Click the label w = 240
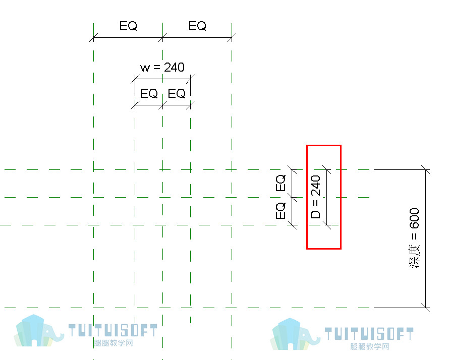pyautogui.click(x=162, y=68)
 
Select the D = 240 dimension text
pyautogui.click(x=315, y=197)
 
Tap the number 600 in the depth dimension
pyautogui.click(x=414, y=218)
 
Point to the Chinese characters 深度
pyautogui.click(x=414, y=256)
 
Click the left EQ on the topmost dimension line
pyautogui.click(x=128, y=26)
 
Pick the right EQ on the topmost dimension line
pyautogui.click(x=197, y=26)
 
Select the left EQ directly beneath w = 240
pyautogui.click(x=149, y=94)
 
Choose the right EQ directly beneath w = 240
pyautogui.click(x=177, y=94)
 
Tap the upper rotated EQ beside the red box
pyautogui.click(x=280, y=183)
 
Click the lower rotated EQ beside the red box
pyautogui.click(x=280, y=211)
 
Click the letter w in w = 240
pyautogui.click(x=145, y=69)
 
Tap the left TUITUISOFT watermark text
pyautogui.click(x=113, y=330)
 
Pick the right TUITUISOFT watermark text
pyautogui.click(x=369, y=334)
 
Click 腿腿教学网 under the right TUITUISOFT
pyautogui.click(x=370, y=346)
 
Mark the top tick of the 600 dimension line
pyautogui.click(x=425, y=170)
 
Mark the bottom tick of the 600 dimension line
pyautogui.click(x=425, y=308)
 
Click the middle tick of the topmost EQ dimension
pyautogui.click(x=162, y=37)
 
